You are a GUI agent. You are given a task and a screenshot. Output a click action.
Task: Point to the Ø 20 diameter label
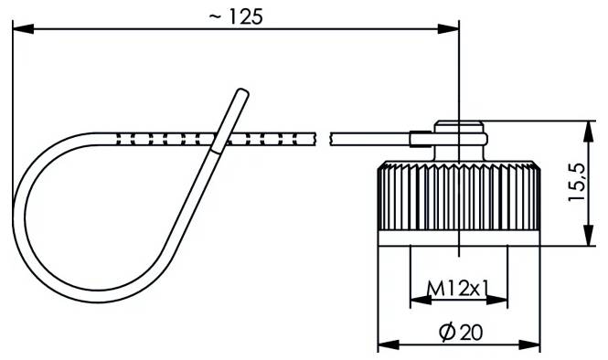pyautogui.click(x=461, y=333)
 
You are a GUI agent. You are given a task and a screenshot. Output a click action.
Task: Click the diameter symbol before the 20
pyautogui.click(x=446, y=333)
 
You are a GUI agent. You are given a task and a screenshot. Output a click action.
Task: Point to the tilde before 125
pyautogui.click(x=215, y=16)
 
